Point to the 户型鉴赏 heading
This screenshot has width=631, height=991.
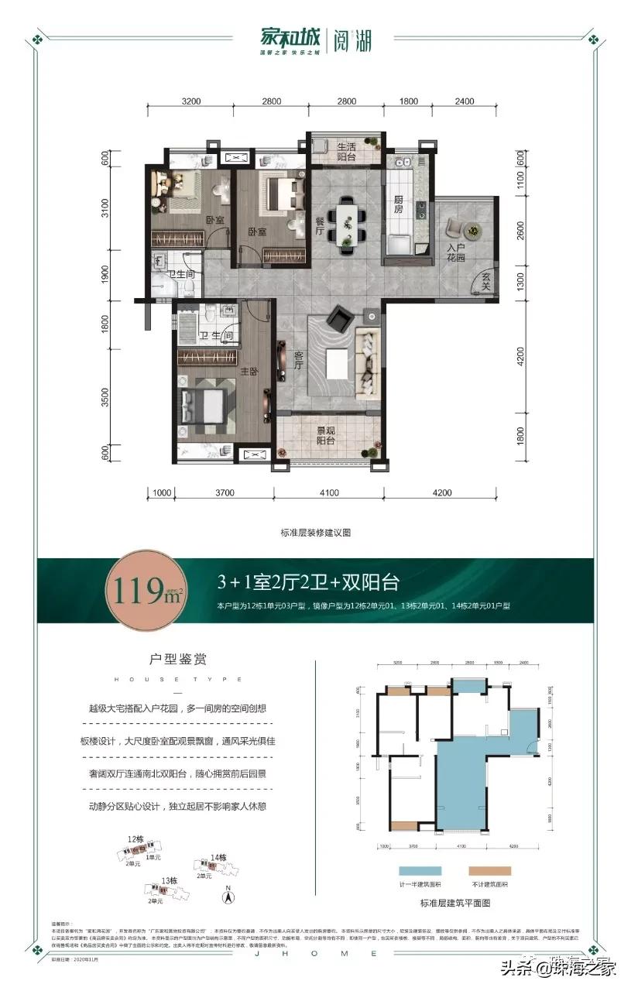click(x=183, y=660)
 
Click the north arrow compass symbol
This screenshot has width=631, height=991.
click(x=228, y=897)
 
